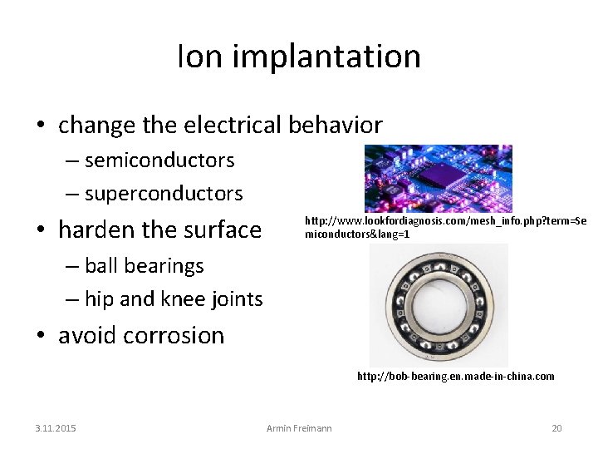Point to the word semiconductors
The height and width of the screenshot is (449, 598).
(x=159, y=160)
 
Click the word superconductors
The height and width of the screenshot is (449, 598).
(x=164, y=194)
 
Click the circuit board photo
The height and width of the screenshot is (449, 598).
(x=438, y=178)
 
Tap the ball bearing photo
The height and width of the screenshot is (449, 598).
(x=439, y=305)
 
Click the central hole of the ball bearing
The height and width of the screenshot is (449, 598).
(x=438, y=305)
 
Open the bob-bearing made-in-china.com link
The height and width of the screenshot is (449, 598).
(x=455, y=377)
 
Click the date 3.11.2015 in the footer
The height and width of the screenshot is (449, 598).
(x=55, y=428)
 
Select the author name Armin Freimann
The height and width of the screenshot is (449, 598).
(x=299, y=428)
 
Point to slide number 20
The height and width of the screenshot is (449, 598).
(x=556, y=428)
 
